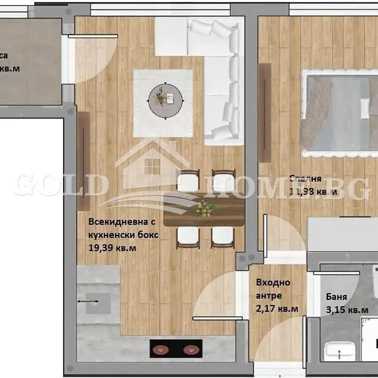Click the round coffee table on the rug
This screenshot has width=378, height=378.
166,101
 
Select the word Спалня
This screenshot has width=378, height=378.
305,179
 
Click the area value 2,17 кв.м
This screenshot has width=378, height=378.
277,309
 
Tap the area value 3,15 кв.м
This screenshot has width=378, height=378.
347,310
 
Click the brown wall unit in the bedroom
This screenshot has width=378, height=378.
265,113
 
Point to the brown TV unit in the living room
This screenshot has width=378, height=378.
84,161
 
